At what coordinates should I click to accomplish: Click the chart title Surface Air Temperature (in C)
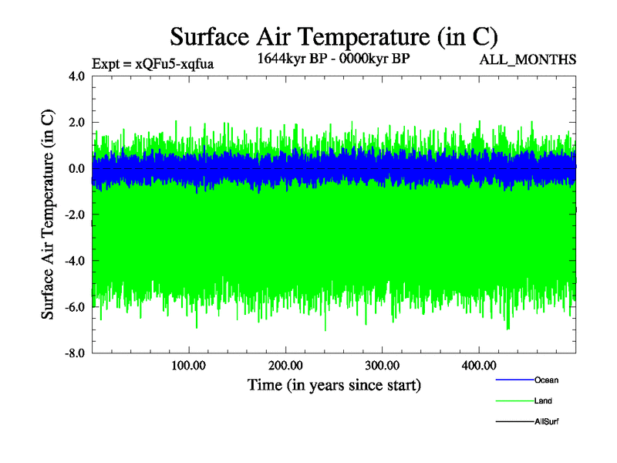(x=333, y=36)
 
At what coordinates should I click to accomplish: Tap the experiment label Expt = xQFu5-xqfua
(x=152, y=64)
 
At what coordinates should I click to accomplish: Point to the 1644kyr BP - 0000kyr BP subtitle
(x=333, y=57)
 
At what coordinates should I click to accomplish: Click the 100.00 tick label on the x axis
(x=188, y=365)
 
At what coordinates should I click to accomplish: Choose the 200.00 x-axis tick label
(x=285, y=365)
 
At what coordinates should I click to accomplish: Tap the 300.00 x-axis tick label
(x=382, y=365)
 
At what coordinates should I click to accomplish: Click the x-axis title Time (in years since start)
(x=333, y=384)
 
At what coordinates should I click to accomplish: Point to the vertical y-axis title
(x=48, y=215)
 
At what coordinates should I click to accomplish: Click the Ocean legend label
(x=546, y=380)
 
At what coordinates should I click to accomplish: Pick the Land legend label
(x=543, y=400)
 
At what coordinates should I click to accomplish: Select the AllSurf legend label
(x=546, y=421)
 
